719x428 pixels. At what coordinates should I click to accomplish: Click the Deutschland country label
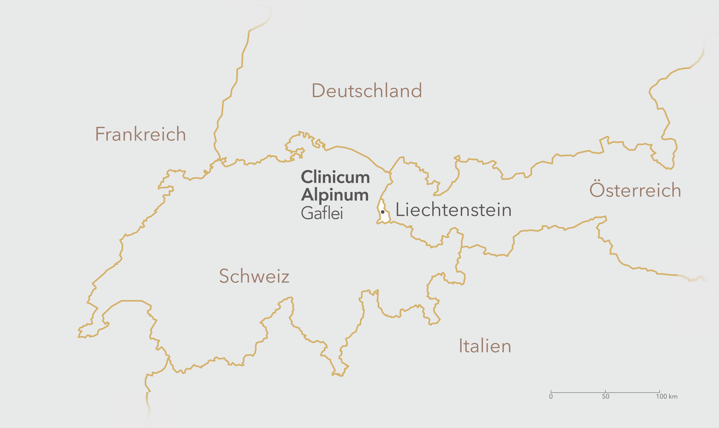tap(367, 91)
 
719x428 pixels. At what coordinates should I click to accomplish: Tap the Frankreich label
tap(140, 134)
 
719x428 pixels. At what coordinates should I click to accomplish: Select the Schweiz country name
tap(254, 276)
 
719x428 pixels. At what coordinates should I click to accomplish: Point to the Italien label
tap(485, 346)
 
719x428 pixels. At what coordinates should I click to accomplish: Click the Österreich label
tap(635, 190)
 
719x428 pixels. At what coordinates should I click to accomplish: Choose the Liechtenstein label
tap(453, 210)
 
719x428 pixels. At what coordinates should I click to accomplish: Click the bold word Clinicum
tap(335, 177)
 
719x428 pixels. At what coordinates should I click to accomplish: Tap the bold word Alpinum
tap(335, 195)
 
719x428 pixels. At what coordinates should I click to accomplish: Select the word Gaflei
tap(322, 213)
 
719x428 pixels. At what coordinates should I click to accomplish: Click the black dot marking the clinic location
tap(383, 212)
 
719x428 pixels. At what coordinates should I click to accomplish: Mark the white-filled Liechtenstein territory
tap(385, 217)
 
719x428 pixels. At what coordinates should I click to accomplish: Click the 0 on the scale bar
tap(551, 397)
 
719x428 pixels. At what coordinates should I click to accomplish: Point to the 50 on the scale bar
tap(606, 397)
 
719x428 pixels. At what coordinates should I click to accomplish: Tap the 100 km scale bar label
tap(667, 397)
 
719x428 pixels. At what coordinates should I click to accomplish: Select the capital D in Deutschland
tap(318, 91)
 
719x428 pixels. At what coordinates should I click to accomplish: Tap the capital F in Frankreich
tap(99, 134)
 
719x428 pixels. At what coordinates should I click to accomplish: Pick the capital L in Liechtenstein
tap(400, 210)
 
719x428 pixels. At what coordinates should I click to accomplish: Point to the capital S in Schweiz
tap(224, 276)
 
